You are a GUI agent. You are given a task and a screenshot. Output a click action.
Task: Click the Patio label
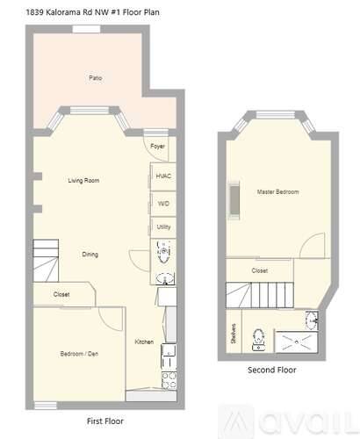pos(96,78)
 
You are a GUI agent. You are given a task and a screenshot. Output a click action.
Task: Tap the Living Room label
pos(83,180)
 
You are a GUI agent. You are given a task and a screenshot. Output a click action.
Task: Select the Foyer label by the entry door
pos(157,146)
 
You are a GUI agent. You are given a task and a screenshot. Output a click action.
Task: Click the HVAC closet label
pos(163,176)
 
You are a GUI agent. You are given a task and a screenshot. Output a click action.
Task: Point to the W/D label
pos(163,204)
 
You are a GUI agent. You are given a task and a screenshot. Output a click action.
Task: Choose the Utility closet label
pos(163,227)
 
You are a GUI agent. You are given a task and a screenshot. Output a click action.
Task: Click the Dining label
pos(90,255)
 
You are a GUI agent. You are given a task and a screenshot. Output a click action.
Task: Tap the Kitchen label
pos(144,342)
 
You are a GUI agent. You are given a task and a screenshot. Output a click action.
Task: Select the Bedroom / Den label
pos(79,354)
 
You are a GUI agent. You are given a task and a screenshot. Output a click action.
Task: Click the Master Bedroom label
pos(277,192)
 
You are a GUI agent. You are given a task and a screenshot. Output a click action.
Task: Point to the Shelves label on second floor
pos(234,334)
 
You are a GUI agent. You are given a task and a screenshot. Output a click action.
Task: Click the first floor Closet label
pos(61,294)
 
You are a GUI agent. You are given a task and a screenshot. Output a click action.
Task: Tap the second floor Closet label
pos(260,270)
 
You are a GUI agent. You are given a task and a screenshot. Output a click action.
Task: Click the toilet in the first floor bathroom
pos(163,252)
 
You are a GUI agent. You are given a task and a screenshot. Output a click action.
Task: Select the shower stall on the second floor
pos(297,342)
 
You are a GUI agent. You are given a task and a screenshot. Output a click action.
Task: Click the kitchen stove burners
pos(169,380)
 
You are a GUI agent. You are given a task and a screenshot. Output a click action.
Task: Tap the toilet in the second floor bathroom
pos(259,340)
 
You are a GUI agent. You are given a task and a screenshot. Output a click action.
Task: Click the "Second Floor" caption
pos(272,370)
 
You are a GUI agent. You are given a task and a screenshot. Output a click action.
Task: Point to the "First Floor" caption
pos(105,421)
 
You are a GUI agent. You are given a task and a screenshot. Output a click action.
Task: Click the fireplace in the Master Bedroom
pos(234,200)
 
